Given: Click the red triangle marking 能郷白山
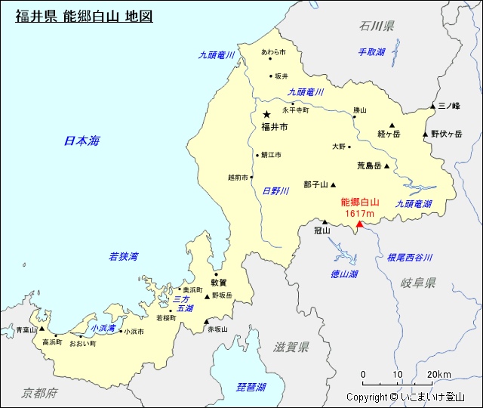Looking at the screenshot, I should (360, 224).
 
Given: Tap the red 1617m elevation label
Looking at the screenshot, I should (360, 213).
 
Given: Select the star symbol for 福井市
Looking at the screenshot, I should (266, 114).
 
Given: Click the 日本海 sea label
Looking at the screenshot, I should (82, 141).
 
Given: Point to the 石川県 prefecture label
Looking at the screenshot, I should (377, 26).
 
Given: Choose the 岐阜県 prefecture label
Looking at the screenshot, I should (418, 283).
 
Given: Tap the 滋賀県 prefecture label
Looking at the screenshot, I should (292, 348).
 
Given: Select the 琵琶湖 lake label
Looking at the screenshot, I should (251, 387).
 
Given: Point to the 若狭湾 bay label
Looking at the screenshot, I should (123, 257).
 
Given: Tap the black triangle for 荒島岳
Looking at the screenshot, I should (386, 166).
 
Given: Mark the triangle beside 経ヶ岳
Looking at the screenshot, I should (392, 125).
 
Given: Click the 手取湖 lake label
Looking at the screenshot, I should (371, 52).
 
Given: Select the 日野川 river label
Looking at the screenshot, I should (275, 191).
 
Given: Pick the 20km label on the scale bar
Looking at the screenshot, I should (438, 375).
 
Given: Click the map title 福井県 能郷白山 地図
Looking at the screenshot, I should (84, 15).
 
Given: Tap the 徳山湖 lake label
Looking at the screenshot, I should (344, 274).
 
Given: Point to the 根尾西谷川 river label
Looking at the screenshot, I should (410, 258).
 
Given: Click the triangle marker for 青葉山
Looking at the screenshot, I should (42, 329).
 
